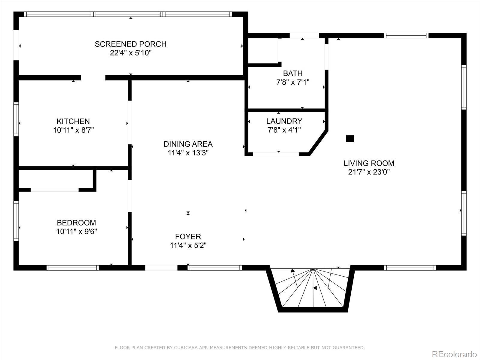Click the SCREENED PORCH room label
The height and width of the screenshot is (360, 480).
pos(130,44)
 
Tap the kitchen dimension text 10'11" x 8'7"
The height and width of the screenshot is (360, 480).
pos(73,130)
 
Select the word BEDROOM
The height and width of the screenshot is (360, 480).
pos(76,223)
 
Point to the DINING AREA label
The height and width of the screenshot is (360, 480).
pos(188,144)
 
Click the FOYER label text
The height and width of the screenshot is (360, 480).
pos(188,236)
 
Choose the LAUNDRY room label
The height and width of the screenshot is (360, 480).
pos(284,121)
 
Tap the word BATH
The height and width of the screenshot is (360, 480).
pos(293,73)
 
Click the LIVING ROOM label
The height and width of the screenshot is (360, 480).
pos(369,163)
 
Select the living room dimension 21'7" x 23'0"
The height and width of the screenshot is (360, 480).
pos(369,172)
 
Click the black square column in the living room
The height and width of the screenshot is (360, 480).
pos(350,139)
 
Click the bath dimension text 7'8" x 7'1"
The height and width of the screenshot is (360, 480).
pos(293,82)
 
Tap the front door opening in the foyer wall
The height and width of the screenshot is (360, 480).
pos(161,268)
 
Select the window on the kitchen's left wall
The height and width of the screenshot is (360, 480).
pos(16,119)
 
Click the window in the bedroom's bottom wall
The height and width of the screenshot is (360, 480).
pos(73,268)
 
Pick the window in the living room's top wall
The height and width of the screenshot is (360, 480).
pos(406,35)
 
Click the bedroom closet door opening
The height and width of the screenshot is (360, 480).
pos(55,190)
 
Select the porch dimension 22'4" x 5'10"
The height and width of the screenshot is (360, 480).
pos(130,53)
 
